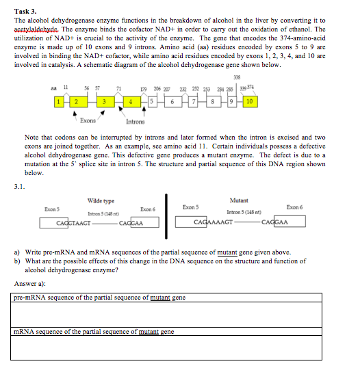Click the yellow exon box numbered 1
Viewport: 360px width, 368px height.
tap(60, 102)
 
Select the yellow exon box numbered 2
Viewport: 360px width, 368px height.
tap(77, 102)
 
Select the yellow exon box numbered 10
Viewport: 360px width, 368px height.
tap(249, 102)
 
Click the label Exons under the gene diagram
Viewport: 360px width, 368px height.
tap(87, 120)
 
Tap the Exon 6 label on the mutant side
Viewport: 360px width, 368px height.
tap(295, 207)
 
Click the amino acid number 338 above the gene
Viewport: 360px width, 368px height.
tap(237, 76)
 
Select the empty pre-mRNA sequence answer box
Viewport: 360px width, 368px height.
tap(168, 314)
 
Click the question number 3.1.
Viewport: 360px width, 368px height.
tap(20, 184)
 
